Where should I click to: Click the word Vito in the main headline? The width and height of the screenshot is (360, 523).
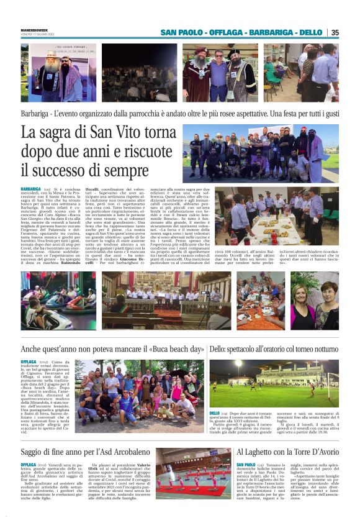[138, 133]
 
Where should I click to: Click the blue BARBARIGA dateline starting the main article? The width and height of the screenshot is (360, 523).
[30, 189]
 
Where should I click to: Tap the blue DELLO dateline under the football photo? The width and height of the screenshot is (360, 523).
[214, 413]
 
